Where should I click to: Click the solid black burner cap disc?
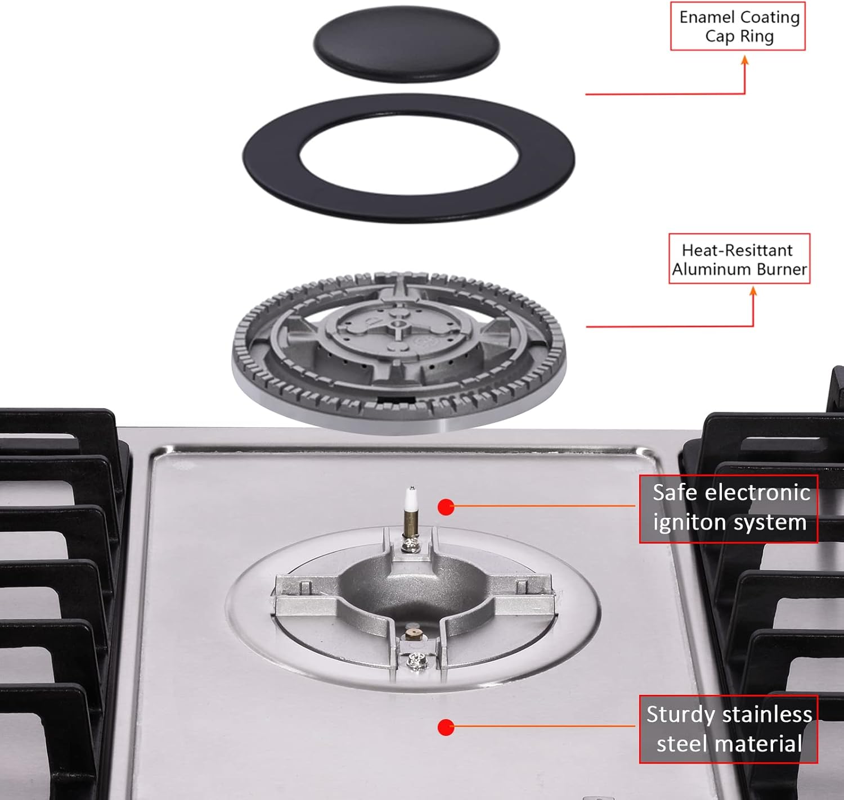click(x=406, y=44)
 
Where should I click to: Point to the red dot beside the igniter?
click(x=446, y=507)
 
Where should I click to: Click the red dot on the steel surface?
click(x=446, y=727)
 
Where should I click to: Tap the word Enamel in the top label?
click(x=704, y=17)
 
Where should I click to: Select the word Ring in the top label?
click(x=757, y=37)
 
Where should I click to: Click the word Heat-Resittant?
click(x=737, y=250)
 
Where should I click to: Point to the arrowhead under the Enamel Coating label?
click(x=745, y=60)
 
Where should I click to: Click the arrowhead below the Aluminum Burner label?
click(x=753, y=291)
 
